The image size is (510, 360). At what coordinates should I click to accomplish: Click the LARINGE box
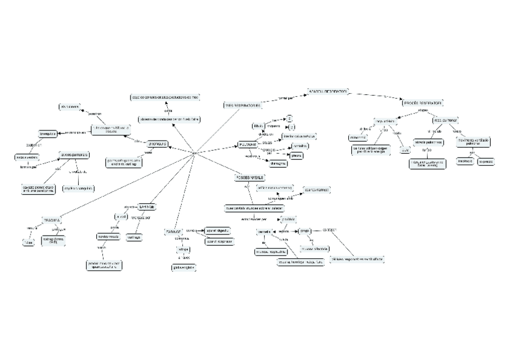tap(147, 207)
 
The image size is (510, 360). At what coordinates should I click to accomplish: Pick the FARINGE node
tap(173, 231)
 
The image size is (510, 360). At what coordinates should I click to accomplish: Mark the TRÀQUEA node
tap(52, 220)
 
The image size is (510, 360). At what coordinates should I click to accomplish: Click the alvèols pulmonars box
tap(74, 155)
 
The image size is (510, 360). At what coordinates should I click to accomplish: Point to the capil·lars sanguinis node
tap(79, 188)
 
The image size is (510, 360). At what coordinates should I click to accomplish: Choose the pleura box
tap(296, 156)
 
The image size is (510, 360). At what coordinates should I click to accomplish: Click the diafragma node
tap(278, 163)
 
